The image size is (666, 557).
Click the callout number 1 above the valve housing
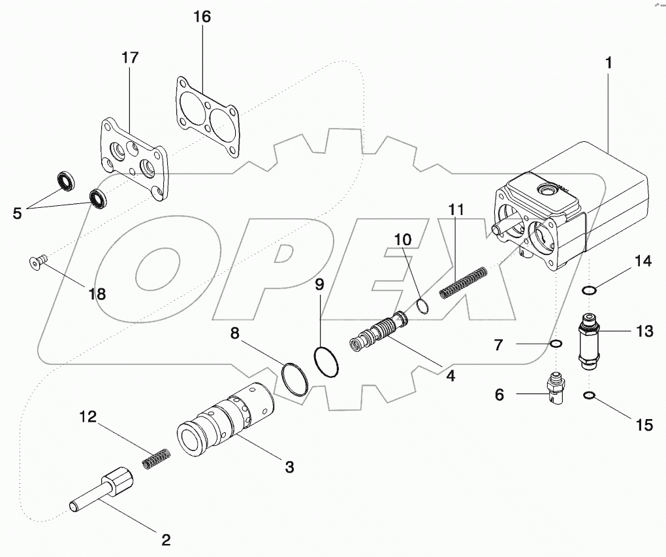[x=608, y=64]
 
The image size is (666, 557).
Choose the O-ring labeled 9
[x=326, y=362]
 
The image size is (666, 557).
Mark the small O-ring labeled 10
[x=422, y=305]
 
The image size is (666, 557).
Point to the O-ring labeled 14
[x=590, y=290]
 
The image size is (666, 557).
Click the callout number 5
[x=18, y=212]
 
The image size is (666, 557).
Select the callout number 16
[x=202, y=17]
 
